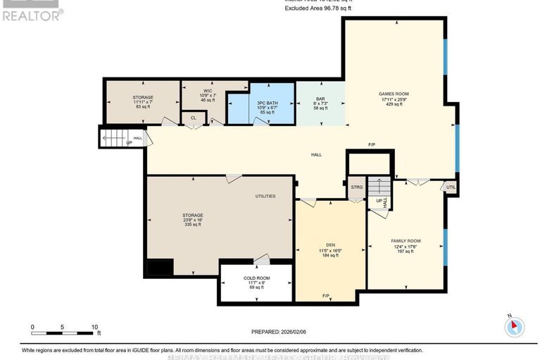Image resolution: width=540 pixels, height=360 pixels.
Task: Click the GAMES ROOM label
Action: click(x=394, y=94)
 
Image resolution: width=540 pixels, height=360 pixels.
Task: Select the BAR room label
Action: click(x=320, y=98)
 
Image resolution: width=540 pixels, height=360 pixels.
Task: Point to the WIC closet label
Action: click(x=208, y=91)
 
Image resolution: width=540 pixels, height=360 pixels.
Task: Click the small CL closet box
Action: click(x=193, y=118)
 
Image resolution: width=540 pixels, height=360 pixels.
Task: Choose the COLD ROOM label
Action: click(x=256, y=278)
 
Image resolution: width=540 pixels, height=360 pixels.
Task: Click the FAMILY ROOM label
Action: click(x=405, y=241)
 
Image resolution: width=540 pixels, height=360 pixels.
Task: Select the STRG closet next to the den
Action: click(x=356, y=187)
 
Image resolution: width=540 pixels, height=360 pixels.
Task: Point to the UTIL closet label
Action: click(x=451, y=187)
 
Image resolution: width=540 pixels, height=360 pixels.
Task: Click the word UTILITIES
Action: click(x=265, y=196)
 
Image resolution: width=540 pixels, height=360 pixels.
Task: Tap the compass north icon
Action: click(x=515, y=326)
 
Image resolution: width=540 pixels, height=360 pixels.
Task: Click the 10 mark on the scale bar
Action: click(x=94, y=327)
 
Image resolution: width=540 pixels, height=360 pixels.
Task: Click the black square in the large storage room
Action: click(x=158, y=268)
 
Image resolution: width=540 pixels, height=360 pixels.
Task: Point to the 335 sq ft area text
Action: click(x=193, y=225)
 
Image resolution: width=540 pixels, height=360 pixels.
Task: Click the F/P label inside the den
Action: click(x=326, y=295)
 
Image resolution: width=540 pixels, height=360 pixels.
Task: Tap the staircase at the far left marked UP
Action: click(x=113, y=138)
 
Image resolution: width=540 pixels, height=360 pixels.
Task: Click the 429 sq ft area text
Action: click(x=394, y=104)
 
